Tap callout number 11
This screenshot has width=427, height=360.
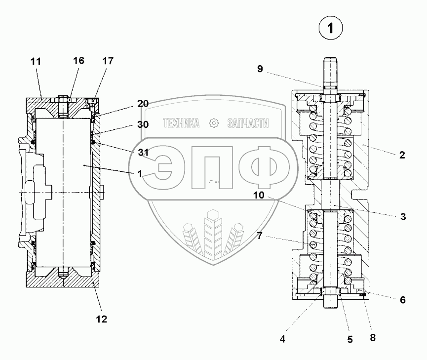36,61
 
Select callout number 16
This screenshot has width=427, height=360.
78,61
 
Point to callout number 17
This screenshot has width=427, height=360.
108,61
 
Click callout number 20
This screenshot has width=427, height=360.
143,104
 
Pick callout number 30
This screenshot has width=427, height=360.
143,125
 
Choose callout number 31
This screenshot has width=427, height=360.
143,152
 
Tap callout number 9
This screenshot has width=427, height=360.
260,69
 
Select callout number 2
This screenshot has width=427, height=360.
402,155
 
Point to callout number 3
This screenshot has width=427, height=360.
403,216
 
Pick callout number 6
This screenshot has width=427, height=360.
403,300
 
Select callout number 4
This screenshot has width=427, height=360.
283,339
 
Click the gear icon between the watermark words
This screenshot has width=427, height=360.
213,123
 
